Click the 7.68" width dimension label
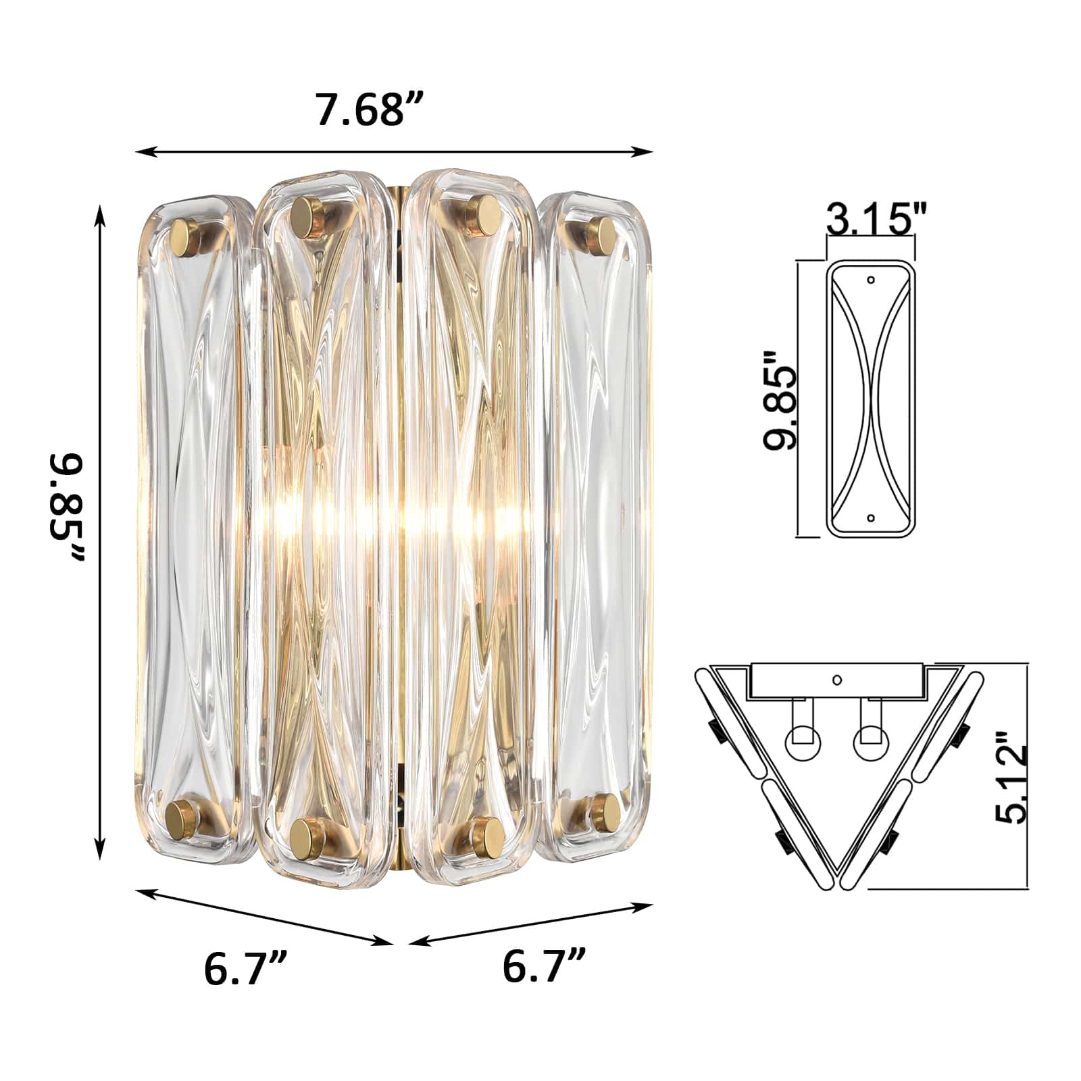[x=370, y=110]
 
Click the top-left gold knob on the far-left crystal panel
[x=184, y=236]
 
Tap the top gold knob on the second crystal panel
[x=308, y=216]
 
